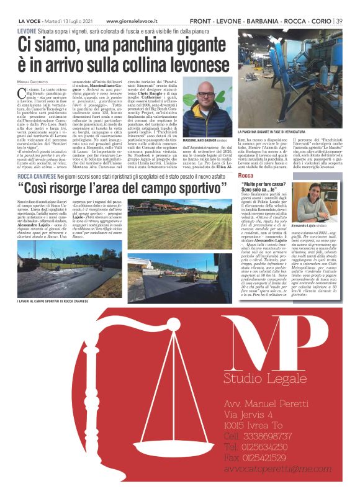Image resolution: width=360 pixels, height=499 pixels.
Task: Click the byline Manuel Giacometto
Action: (x=33, y=82)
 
